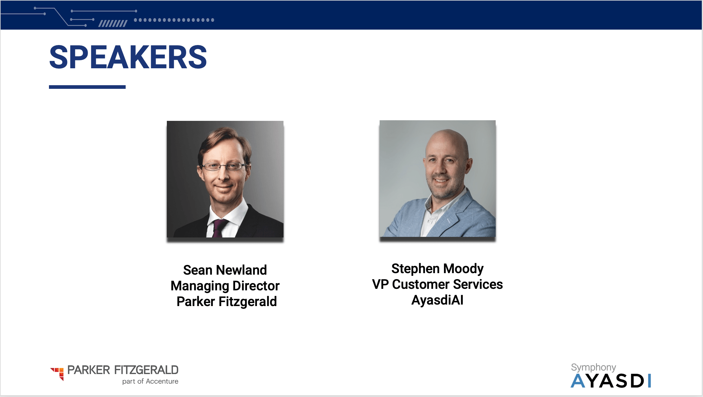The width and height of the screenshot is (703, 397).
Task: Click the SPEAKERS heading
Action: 128,57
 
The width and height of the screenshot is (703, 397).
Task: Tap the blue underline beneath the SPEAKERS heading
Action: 87,87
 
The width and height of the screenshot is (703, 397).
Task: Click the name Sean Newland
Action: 225,270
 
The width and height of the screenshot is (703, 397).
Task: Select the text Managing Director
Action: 225,286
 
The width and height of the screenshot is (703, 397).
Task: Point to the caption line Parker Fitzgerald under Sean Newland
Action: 227,302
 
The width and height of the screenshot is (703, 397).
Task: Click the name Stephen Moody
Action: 437,269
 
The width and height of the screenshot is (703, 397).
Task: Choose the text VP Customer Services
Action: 437,284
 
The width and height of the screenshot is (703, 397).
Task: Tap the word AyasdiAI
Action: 437,300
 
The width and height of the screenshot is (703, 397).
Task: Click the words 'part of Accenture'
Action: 150,381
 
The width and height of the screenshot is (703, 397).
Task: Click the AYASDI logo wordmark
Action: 611,381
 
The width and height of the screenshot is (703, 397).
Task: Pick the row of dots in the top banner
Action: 174,20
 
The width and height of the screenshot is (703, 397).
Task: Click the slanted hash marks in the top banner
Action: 113,24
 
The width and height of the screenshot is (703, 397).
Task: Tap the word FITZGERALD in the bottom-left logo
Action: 146,370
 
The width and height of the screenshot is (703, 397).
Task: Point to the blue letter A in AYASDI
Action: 578,381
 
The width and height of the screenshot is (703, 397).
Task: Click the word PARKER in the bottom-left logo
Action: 89,370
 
